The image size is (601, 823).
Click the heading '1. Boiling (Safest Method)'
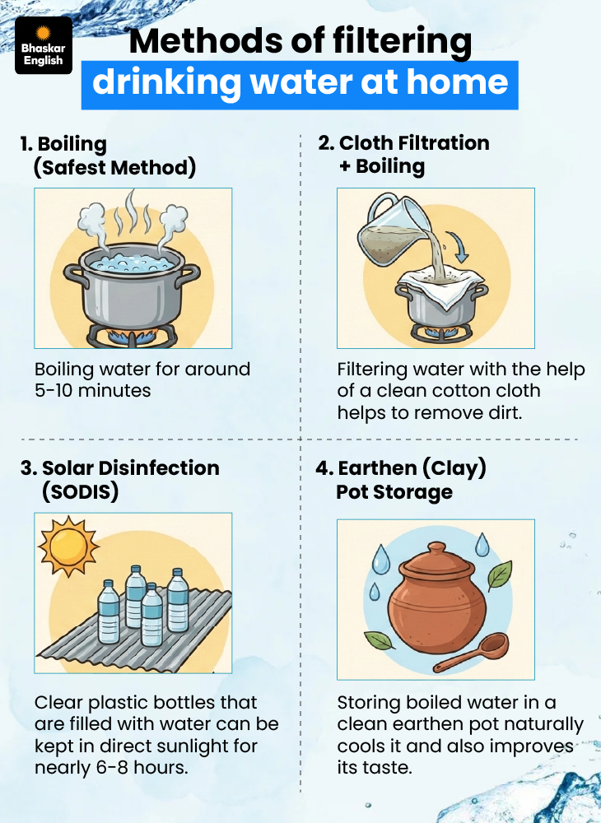tap(108, 156)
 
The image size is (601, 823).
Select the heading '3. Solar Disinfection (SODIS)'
tap(119, 480)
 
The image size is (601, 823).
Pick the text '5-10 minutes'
tap(92, 391)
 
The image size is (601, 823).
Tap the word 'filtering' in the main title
tap(402, 42)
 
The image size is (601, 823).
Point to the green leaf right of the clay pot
tap(499, 575)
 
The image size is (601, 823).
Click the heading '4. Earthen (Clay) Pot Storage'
tap(400, 480)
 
